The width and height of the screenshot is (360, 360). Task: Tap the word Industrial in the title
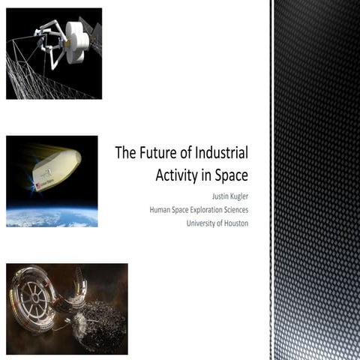coord(217,154)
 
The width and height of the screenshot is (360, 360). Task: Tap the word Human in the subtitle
coord(162,211)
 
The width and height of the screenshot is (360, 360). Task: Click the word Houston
coord(235,223)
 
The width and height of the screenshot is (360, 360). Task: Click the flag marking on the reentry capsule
coord(37,184)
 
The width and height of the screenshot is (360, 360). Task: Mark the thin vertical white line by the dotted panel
coord(271,180)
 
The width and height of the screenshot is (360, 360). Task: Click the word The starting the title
coord(124,154)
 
